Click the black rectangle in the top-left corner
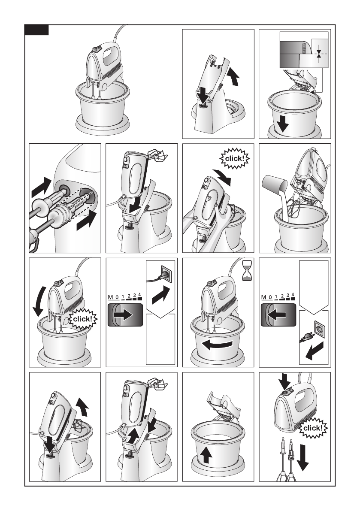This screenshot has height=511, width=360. pos(37,30)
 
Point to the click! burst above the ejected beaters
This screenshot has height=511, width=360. pos(313,428)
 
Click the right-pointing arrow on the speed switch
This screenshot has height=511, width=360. pos(123,315)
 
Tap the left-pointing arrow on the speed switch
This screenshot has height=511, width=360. pos(277,315)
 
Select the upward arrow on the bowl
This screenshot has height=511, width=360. pos(206,455)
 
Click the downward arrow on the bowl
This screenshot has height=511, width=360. pos(282,124)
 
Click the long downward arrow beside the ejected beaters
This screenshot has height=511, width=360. pos(303,457)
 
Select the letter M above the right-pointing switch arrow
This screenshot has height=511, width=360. pos(110,297)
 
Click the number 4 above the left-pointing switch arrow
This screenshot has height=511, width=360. pos(293,295)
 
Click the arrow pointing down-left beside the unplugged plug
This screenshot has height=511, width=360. pos(315,351)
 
